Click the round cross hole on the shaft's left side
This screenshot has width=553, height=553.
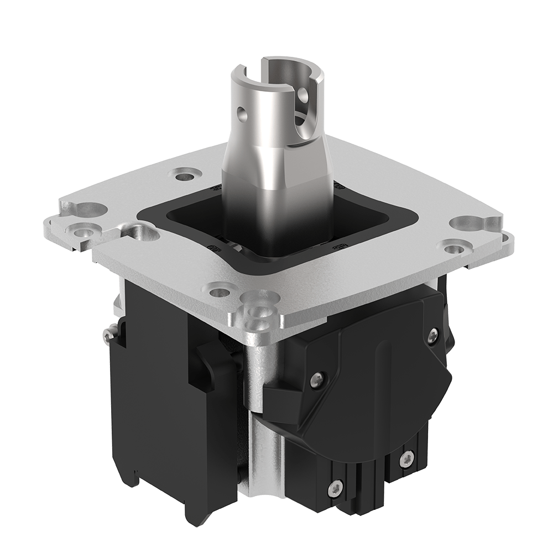(242, 116)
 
